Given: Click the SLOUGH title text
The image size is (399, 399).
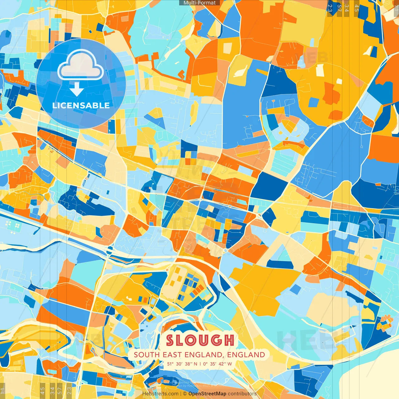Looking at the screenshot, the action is (x=200, y=340).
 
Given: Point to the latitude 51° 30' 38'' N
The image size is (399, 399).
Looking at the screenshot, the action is (x=182, y=364).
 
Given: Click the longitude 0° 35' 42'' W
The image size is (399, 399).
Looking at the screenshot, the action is (x=218, y=364).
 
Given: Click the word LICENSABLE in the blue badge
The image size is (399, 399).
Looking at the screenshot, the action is (x=81, y=105).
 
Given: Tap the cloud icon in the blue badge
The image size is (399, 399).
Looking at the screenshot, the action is (x=80, y=65).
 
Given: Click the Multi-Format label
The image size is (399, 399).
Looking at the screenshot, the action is (x=199, y=3).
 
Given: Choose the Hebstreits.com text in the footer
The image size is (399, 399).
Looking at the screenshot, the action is (x=160, y=394).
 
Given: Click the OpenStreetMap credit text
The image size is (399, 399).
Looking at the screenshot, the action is (x=207, y=394).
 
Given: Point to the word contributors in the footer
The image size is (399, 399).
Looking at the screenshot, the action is (x=242, y=394).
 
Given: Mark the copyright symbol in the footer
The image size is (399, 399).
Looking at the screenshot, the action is (x=185, y=394).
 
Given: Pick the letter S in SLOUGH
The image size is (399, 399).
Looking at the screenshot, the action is (x=170, y=340).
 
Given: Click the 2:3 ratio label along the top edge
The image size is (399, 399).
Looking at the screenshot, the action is (x=330, y=8).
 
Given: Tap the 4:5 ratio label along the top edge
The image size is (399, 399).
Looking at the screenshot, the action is (x=357, y=8).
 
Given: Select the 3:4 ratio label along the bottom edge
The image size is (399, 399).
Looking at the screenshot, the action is (x=52, y=390).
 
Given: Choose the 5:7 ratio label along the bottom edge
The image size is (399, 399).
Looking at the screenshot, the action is (x=60, y=390).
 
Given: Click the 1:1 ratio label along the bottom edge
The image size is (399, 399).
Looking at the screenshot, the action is (x=3, y=390).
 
